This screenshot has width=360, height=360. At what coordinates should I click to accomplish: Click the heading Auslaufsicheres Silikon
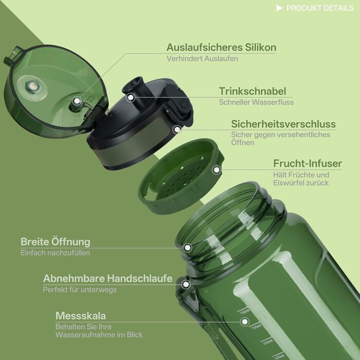221,47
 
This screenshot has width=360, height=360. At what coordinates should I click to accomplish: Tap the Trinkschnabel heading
253,91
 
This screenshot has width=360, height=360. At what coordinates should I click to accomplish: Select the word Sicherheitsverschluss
283,124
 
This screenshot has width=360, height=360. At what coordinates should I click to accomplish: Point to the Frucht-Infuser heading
308,164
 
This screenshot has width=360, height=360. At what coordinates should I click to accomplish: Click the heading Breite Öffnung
56,242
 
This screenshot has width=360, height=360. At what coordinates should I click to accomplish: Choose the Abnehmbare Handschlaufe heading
107,278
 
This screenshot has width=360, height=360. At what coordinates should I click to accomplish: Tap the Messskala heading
81,316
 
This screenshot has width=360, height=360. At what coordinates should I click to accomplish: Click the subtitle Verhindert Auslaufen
202,59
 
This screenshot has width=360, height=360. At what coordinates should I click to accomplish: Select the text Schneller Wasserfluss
256,102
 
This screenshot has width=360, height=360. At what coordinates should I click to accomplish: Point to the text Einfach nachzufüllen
55,253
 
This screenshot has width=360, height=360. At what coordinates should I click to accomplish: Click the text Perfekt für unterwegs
80,290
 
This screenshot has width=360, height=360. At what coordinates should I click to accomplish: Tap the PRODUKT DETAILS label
320,8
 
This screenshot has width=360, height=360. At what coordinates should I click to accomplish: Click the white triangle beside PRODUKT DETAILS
279,8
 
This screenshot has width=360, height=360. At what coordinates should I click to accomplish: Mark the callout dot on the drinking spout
131,97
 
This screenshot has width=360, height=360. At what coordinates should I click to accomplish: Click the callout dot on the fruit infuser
217,170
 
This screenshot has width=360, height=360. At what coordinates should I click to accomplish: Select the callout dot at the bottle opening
188,247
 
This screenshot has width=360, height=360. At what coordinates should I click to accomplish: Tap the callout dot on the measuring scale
245,321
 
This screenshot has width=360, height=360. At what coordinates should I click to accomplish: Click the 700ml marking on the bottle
256,326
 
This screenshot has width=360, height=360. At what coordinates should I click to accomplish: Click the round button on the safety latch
184,104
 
